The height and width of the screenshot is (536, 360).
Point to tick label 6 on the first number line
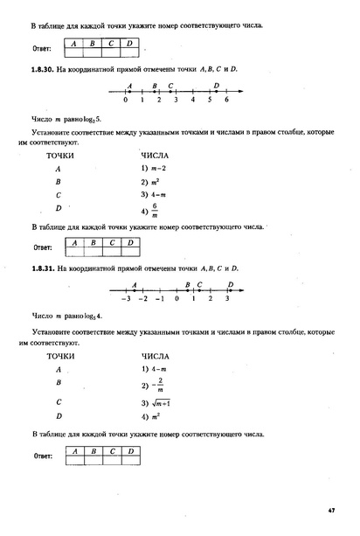click(x=226, y=101)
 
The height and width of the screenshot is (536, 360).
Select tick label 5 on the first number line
click(x=210, y=101)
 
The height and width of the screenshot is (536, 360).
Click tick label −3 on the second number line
click(x=126, y=299)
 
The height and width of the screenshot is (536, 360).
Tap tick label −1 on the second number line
click(x=159, y=299)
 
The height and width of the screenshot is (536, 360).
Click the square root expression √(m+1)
click(x=156, y=402)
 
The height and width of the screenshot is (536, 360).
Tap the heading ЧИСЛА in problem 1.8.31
click(x=156, y=356)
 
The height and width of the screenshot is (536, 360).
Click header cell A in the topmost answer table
click(x=73, y=42)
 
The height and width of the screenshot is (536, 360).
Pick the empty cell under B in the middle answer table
click(x=92, y=251)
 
